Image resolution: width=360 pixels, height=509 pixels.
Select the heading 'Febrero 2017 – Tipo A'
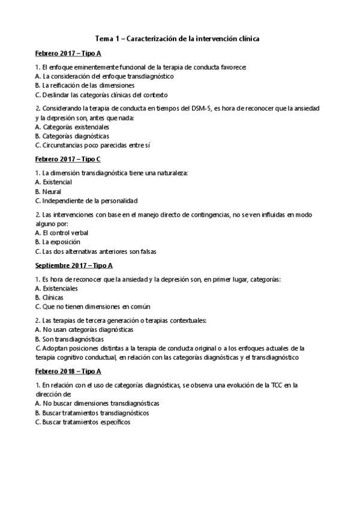click(68, 53)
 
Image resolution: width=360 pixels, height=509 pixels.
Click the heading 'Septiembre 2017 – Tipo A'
click(74, 265)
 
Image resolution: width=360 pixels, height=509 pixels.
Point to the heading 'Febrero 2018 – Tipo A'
click(68, 370)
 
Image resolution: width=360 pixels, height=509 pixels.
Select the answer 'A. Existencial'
click(54, 182)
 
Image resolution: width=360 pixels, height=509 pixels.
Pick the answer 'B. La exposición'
click(58, 242)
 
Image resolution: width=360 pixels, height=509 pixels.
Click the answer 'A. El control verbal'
click(62, 232)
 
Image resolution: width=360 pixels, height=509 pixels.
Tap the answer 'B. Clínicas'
click(49, 297)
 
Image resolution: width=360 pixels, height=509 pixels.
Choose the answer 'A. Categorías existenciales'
click(73, 127)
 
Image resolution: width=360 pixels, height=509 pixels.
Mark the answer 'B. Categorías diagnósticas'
click(72, 136)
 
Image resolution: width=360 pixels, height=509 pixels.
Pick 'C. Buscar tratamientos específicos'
click(83, 422)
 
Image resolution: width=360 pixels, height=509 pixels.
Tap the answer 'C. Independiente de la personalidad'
click(86, 200)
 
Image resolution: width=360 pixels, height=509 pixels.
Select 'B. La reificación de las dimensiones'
click(85, 85)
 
